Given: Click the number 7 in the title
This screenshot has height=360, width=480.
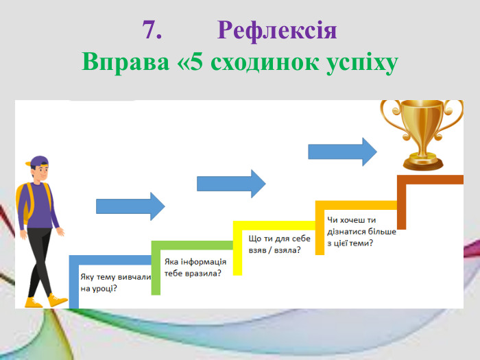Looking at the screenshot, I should (x=151, y=31).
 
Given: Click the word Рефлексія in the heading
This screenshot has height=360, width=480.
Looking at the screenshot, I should (x=277, y=31).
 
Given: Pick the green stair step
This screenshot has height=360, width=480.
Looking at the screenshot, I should (x=192, y=245).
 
